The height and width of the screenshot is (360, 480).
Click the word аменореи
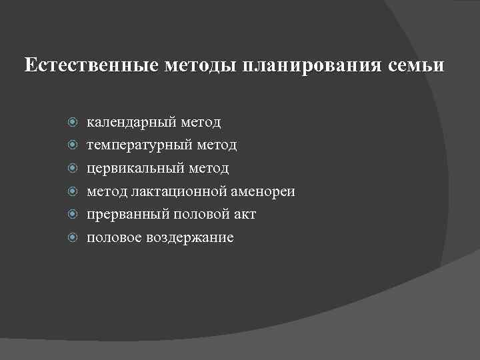click(262, 192)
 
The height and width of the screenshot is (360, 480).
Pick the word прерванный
click(126, 215)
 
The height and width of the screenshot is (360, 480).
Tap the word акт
click(243, 215)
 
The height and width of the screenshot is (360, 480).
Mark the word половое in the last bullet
click(112, 238)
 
